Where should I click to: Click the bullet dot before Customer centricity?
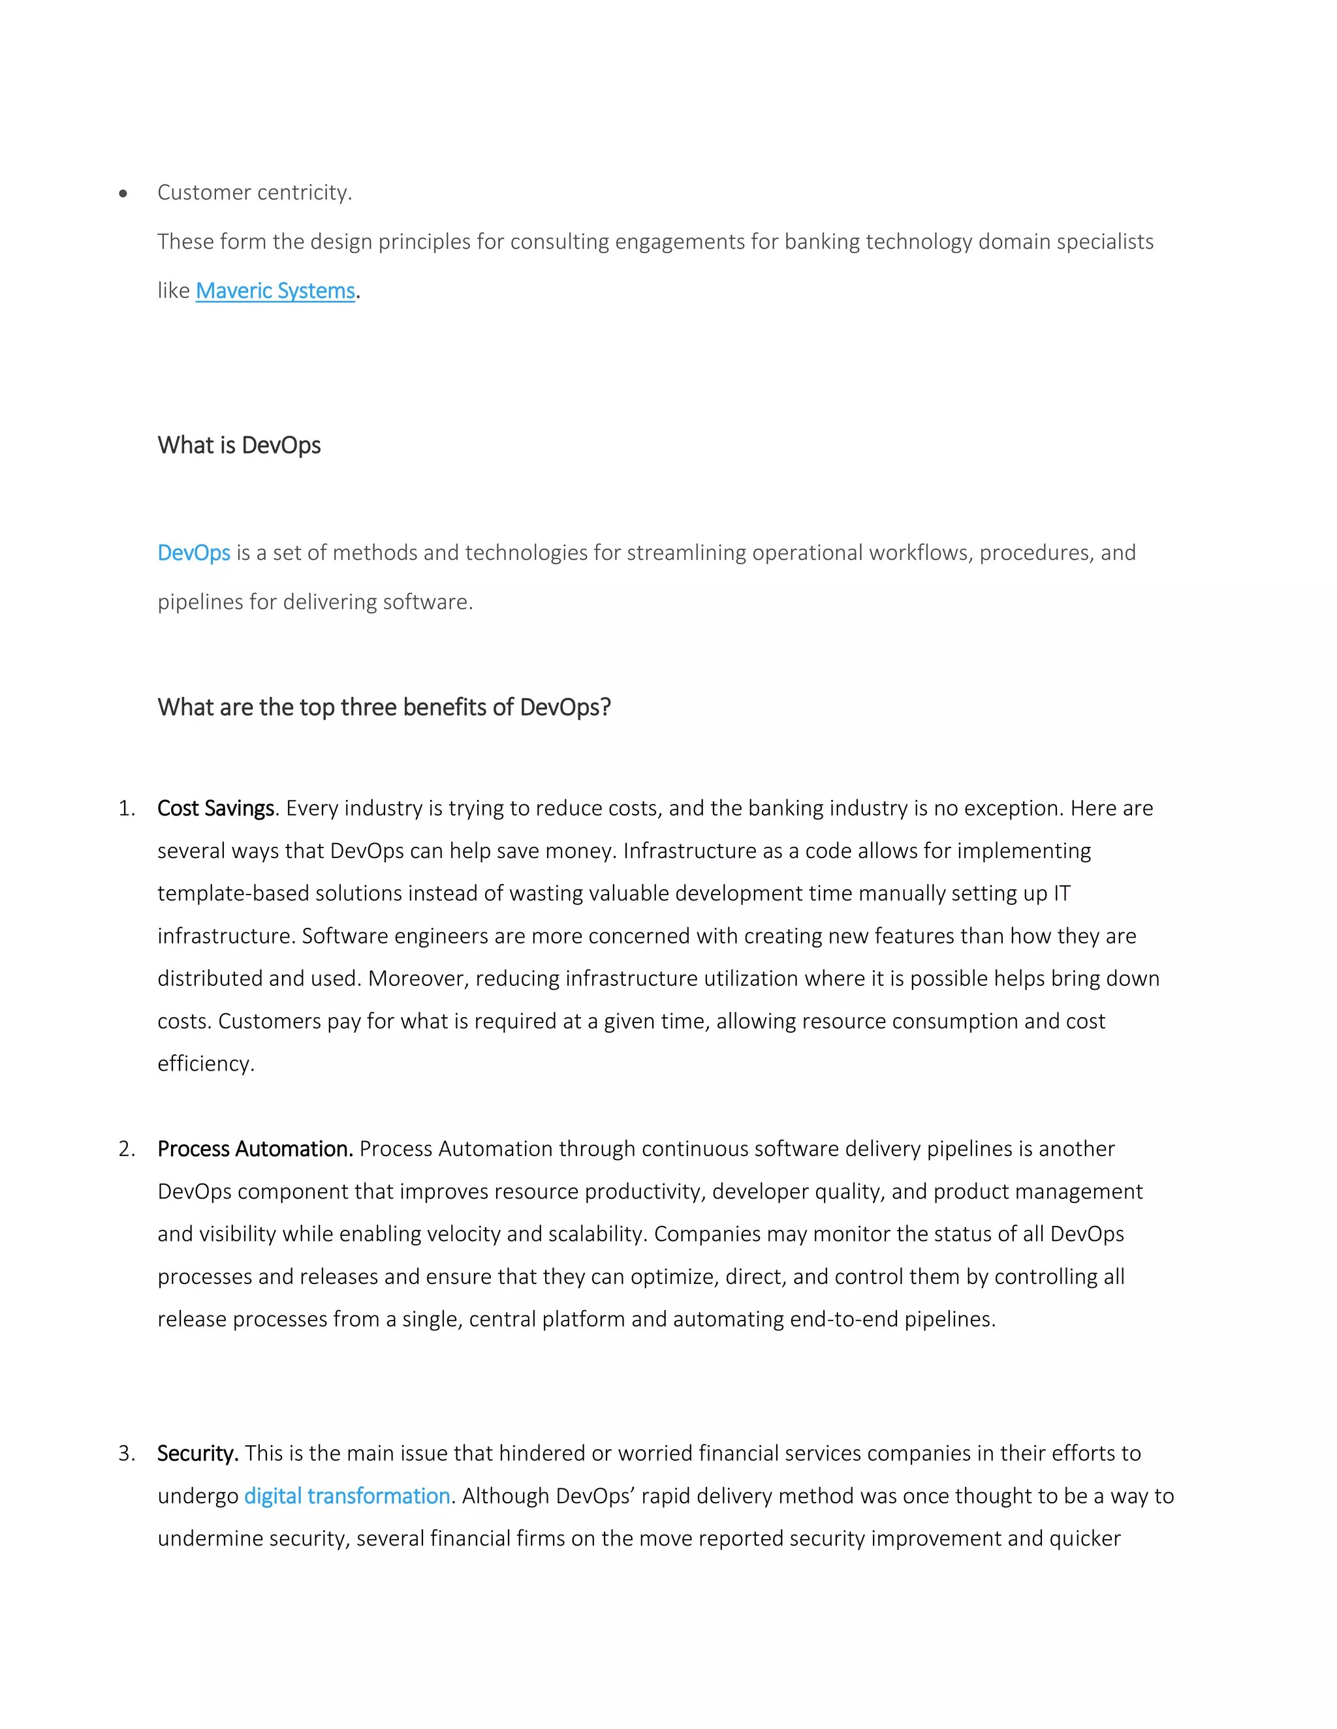[123, 193]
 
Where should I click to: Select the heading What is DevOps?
[238, 445]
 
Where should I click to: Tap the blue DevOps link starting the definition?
[193, 553]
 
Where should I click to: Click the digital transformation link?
[347, 1495]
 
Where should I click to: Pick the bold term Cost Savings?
[215, 808]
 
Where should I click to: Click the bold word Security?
[197, 1453]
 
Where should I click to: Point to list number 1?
[126, 808]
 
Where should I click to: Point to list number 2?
[126, 1149]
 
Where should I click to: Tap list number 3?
[126, 1453]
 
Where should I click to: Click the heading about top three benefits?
[383, 707]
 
